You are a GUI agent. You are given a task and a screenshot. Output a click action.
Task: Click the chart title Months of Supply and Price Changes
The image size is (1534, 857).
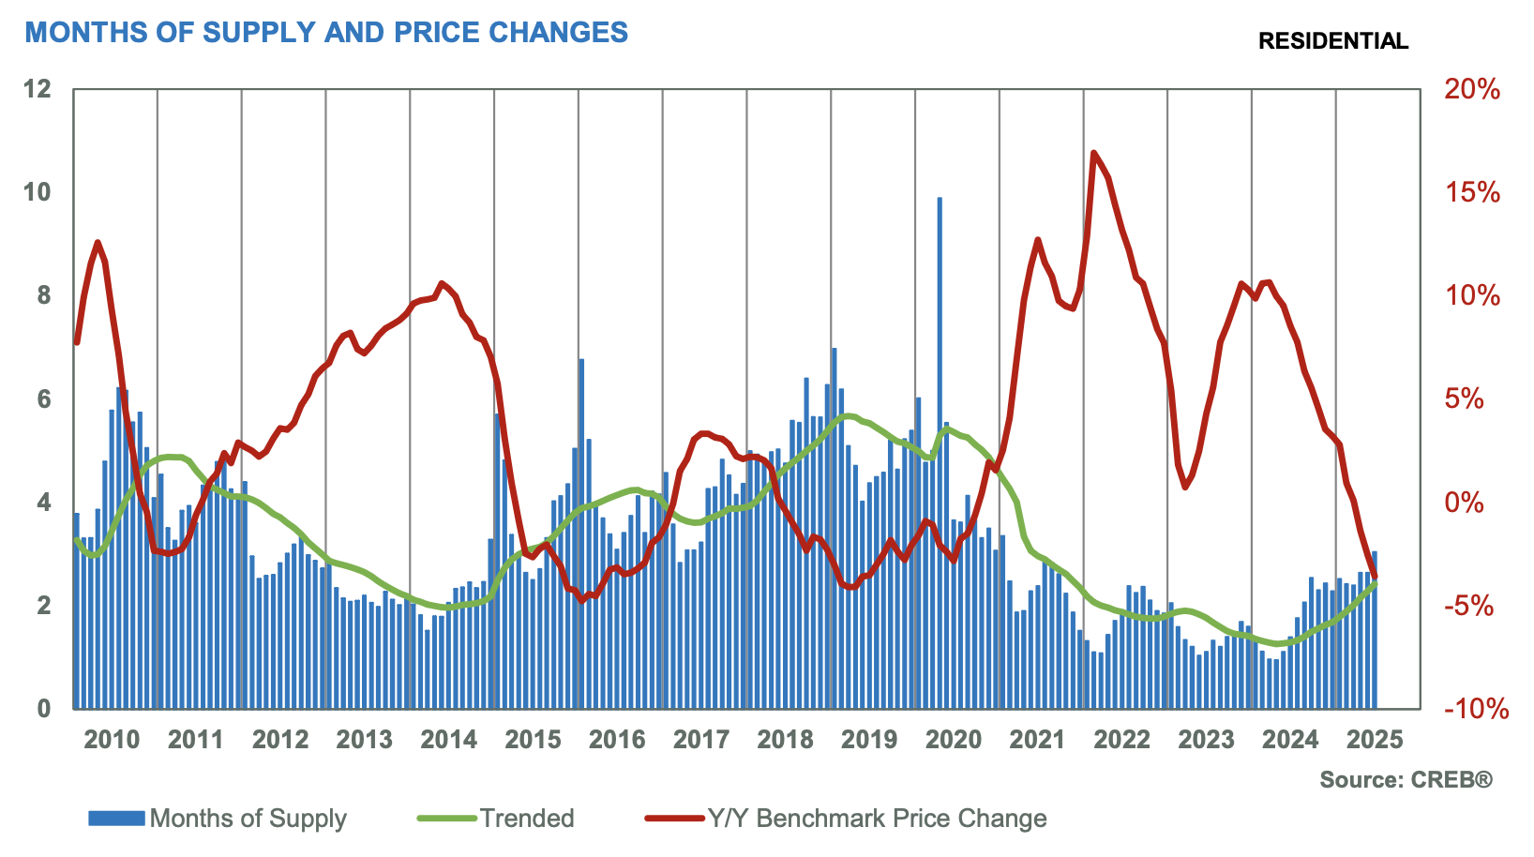pyautogui.click(x=326, y=33)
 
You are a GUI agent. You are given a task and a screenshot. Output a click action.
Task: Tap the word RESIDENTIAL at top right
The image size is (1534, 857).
pyautogui.click(x=1332, y=41)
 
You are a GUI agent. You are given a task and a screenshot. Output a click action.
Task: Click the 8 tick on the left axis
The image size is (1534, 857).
pyautogui.click(x=44, y=296)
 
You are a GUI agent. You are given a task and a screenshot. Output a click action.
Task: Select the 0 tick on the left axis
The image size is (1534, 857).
pyautogui.click(x=44, y=709)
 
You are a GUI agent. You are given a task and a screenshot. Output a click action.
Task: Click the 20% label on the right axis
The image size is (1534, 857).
pyautogui.click(x=1473, y=90)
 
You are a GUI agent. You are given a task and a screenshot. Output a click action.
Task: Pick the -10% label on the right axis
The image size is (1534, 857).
pyautogui.click(x=1476, y=709)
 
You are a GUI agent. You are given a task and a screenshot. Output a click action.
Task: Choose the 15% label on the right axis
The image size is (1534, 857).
pyautogui.click(x=1473, y=193)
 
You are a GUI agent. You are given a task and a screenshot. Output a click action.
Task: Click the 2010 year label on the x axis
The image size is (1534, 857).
pyautogui.click(x=112, y=740)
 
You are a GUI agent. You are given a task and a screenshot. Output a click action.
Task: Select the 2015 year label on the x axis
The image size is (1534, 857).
pyautogui.click(x=533, y=740)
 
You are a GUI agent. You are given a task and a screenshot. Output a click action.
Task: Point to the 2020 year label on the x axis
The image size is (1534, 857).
pyautogui.click(x=954, y=740)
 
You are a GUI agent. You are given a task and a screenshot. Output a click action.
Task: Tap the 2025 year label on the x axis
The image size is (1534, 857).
pyautogui.click(x=1375, y=740)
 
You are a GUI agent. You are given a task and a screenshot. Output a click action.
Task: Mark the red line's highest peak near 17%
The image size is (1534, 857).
pyautogui.click(x=1093, y=152)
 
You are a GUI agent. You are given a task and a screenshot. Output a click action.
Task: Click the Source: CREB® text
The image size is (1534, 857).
pyautogui.click(x=1406, y=780)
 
